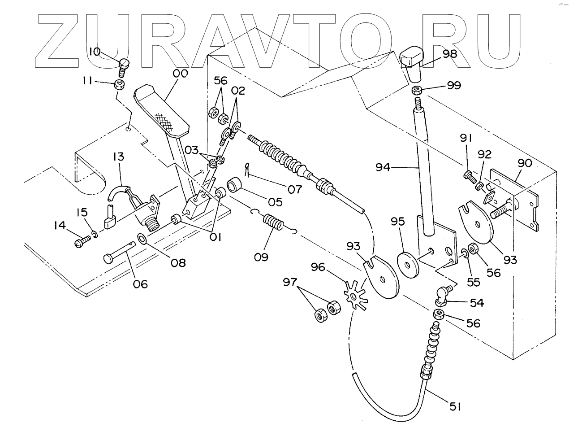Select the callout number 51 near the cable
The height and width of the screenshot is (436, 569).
click(x=455, y=407)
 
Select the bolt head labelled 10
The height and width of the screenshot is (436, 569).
click(x=124, y=64)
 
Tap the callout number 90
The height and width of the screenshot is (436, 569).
click(x=524, y=163)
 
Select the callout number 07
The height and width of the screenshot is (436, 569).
click(x=294, y=189)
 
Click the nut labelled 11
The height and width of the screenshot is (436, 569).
click(x=119, y=83)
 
